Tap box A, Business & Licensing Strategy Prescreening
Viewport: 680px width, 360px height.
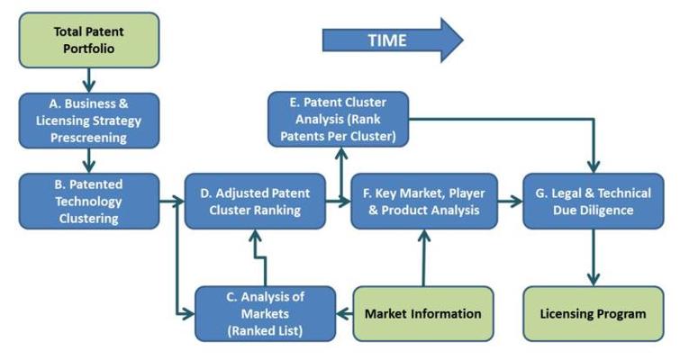pyautogui.click(x=89, y=120)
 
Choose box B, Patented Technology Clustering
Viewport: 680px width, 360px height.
pyautogui.click(x=89, y=202)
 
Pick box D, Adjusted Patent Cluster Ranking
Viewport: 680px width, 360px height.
pyautogui.click(x=255, y=202)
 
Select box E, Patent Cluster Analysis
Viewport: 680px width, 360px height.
pyautogui.click(x=339, y=119)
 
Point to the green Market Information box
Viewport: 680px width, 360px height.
pyautogui.click(x=423, y=313)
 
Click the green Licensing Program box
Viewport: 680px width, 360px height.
pyautogui.click(x=592, y=313)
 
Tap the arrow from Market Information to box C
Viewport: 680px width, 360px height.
pyautogui.click(x=343, y=313)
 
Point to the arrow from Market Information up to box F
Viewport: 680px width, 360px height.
pyautogui.click(x=422, y=257)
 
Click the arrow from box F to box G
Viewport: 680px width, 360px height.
pyautogui.click(x=511, y=202)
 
